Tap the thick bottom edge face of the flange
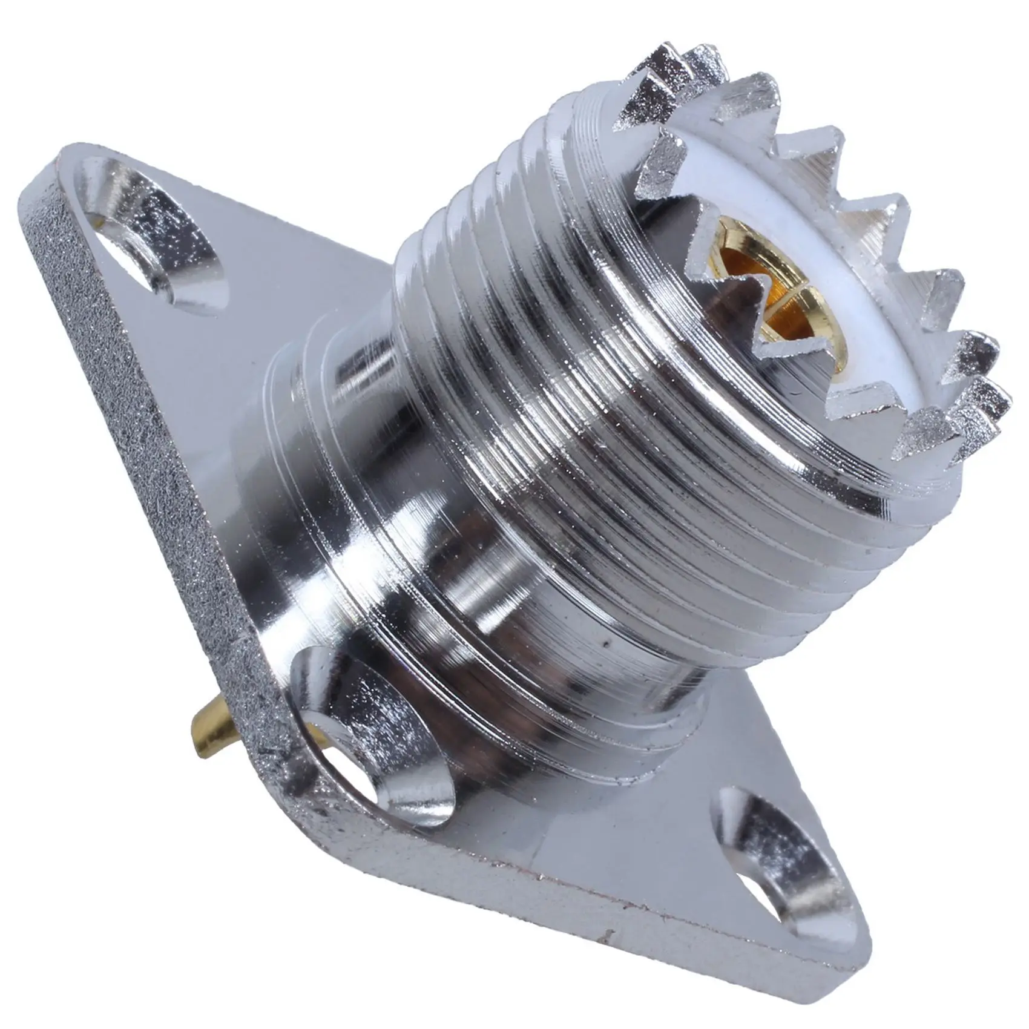(605, 920)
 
